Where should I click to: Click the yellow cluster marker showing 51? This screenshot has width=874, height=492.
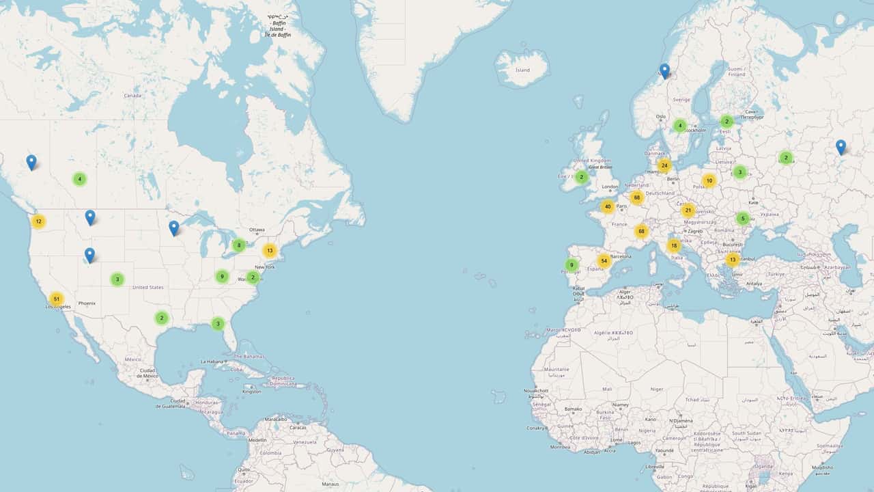[57, 299]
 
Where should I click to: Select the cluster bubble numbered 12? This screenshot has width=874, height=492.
[38, 221]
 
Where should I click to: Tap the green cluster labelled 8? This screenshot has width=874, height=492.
[238, 245]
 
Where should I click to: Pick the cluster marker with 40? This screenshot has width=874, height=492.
[608, 206]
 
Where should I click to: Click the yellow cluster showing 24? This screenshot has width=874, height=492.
[664, 165]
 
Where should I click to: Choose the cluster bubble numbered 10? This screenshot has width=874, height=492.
[709, 181]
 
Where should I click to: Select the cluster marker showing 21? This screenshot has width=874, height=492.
[688, 210]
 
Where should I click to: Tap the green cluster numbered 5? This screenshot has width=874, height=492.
[743, 219]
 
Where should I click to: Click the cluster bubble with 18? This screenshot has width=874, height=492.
[674, 246]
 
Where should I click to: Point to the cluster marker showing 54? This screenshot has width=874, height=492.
[604, 261]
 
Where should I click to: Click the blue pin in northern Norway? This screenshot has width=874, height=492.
[664, 70]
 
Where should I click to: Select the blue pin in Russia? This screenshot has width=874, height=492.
[841, 146]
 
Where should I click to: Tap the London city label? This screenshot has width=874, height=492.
[610, 187]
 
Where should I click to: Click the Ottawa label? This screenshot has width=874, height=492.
[257, 230]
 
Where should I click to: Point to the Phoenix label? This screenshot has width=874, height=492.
[87, 303]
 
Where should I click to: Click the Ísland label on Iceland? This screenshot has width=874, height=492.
[522, 70]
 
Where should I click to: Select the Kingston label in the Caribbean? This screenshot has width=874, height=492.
[251, 392]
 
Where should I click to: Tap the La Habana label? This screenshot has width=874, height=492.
[212, 361]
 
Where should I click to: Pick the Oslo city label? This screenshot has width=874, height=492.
[660, 117]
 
